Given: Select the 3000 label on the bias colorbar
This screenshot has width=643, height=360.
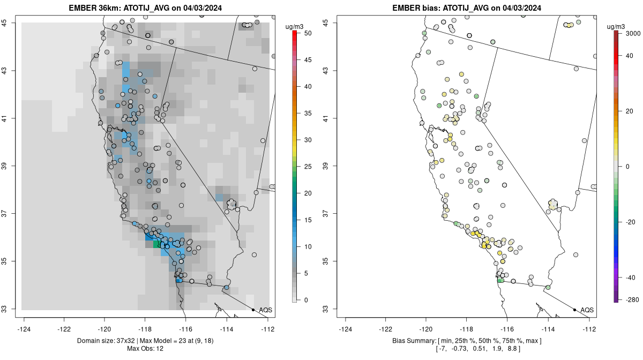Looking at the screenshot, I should tap(628, 33).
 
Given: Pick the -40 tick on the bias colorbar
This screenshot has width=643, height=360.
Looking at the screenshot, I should tap(628, 277).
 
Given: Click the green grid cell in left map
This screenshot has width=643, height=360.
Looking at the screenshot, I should tap(156, 244).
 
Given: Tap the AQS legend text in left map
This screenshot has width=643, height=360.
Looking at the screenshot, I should tap(266, 310).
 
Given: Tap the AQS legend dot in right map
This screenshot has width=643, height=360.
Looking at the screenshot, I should tap(574, 310).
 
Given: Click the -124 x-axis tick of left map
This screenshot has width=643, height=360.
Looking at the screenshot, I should tap(24, 329).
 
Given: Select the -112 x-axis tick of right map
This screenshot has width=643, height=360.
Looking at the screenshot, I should tap(589, 329).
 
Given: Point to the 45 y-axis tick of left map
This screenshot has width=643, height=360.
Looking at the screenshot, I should tap(10, 22).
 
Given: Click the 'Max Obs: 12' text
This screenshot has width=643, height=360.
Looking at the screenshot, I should tap(145, 349).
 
